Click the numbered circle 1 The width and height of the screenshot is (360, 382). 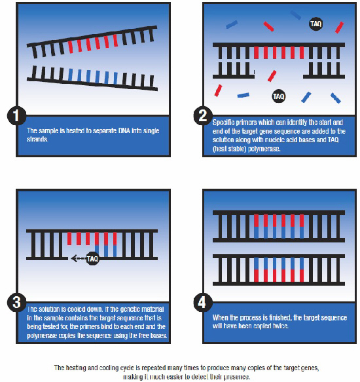(16, 117)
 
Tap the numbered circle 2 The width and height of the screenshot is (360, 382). (204, 117)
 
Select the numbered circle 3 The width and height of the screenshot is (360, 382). (16, 304)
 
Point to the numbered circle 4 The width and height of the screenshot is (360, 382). (204, 304)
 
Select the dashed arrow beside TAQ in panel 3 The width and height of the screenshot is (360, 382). (77, 258)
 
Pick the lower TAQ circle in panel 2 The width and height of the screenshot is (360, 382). (278, 96)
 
